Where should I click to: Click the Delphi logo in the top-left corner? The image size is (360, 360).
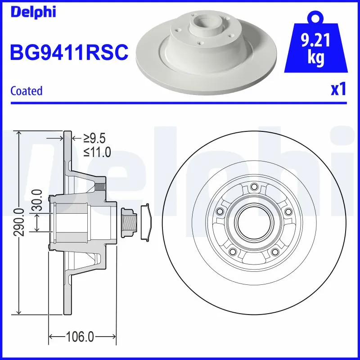click(32, 12)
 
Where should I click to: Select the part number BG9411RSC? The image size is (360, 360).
click(69, 53)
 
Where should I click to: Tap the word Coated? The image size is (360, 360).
click(26, 91)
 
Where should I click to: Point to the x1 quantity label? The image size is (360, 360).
click(338, 90)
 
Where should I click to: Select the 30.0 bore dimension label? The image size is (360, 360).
click(38, 201)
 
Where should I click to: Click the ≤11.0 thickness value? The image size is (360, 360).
click(97, 152)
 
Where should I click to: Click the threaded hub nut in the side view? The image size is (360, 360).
click(129, 222)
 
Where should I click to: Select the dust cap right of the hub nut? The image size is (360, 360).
click(146, 222)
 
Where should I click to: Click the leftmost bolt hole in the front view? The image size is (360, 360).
click(220, 212)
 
